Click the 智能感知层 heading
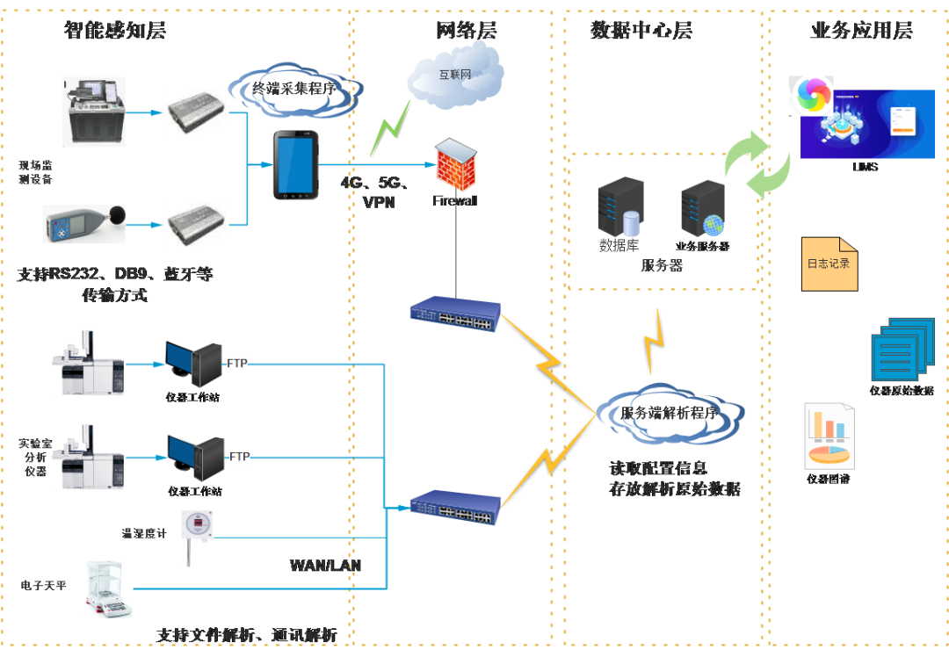coord(114,31)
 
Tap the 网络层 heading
coord(466,31)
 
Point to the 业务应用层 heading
coord(861,31)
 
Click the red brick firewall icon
coord(456,164)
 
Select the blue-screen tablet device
coord(295,164)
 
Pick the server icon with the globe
coord(703,207)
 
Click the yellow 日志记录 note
coord(829,263)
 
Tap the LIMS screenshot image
coord(867,124)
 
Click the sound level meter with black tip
coord(83,224)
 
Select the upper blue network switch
coord(455,314)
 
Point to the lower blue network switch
coord(455,507)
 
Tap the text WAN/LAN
coord(325,566)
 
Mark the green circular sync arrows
coord(756,162)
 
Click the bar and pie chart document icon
coord(829,436)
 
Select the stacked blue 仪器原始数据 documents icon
coord(901,349)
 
